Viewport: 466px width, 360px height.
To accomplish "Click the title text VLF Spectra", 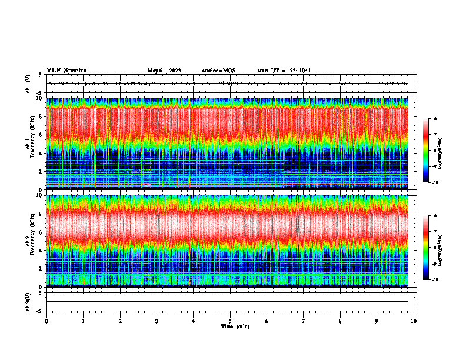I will (66, 71).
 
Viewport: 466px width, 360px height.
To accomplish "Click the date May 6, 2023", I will (164, 71).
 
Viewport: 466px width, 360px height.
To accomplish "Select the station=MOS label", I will (218, 71).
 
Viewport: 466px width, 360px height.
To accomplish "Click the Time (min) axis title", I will (235, 326).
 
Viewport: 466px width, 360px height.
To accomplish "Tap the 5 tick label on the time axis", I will (230, 321).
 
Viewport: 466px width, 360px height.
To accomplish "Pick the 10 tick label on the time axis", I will (414, 321).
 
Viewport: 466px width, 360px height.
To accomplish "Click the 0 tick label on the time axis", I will (46, 321).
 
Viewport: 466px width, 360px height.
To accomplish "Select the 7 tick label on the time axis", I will (304, 321).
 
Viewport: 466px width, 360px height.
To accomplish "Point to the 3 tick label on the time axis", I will (157, 321).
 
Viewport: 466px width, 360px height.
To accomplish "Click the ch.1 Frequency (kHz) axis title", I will (32, 143).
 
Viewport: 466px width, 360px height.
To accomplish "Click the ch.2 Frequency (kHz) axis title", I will (32, 240).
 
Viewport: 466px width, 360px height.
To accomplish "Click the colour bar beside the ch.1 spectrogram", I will (425, 151).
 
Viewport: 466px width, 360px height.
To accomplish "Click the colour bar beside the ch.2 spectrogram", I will (425, 248).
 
